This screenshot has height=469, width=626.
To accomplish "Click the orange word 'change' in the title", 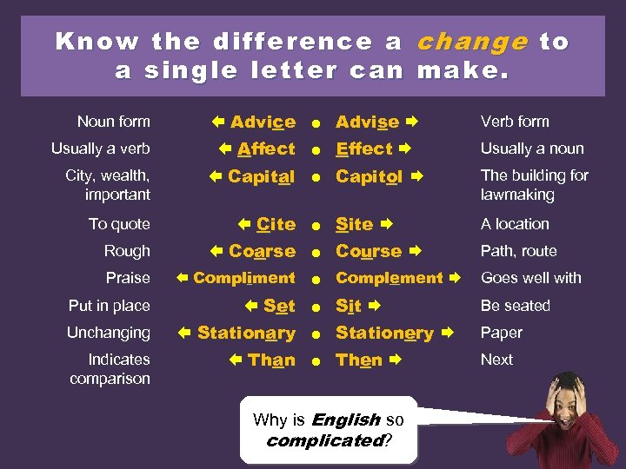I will tap(473, 42).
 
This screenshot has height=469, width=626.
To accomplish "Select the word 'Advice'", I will tap(263, 122).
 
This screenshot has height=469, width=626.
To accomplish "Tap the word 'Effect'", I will tap(364, 149).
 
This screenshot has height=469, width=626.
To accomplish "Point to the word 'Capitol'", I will tap(369, 176).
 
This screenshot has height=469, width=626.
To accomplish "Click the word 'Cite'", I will tap(276, 224).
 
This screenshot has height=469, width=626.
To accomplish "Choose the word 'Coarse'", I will tap(262, 251).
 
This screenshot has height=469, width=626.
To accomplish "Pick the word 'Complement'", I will tap(390, 278).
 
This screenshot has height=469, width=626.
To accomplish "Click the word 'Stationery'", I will tap(384, 333).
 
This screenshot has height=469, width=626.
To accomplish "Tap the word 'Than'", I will tap(271, 360).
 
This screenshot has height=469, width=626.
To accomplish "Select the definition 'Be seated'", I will tap(516, 306).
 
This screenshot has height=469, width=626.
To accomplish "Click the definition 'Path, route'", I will tap(519, 251).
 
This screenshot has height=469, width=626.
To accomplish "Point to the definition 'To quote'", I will tap(119, 224).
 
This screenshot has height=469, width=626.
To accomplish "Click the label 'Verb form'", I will tap(515, 122).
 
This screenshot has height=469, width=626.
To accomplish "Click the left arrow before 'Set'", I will tap(251, 306).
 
